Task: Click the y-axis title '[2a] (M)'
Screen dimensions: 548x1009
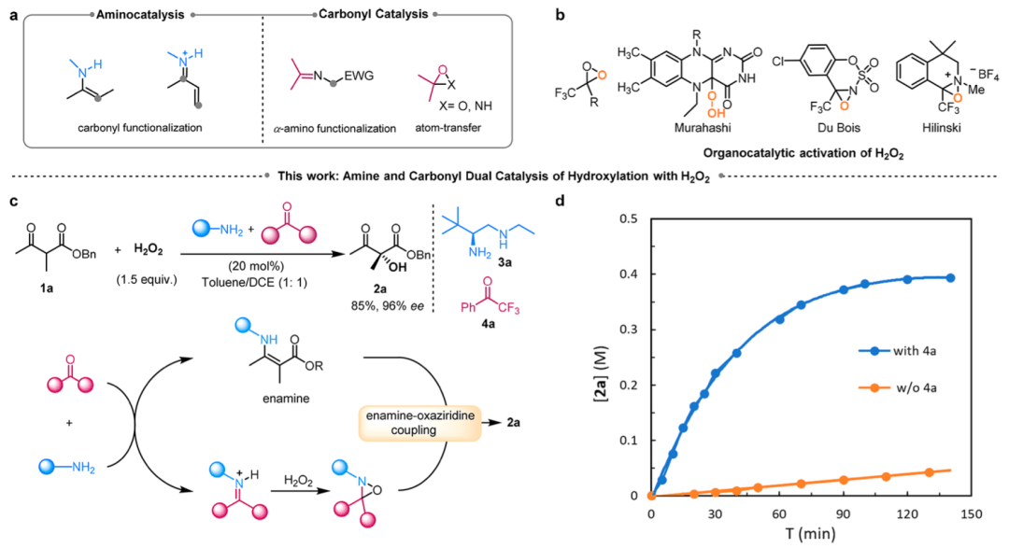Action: click(604, 357)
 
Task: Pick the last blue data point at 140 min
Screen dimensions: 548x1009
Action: click(951, 278)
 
